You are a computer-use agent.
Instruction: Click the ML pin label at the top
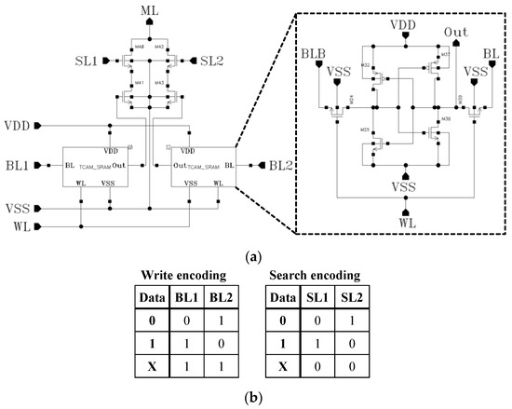click(150, 9)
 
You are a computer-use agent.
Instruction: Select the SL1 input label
click(85, 61)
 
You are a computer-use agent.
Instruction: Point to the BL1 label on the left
click(16, 165)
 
